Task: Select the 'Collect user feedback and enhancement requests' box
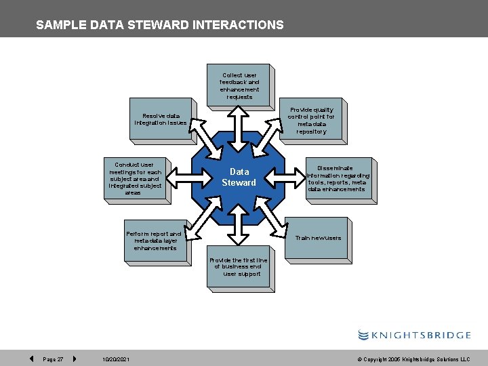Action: [x=239, y=86]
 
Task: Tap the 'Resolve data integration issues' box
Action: [x=161, y=119]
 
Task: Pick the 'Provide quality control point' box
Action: [x=312, y=121]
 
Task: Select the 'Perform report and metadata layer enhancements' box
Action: [x=155, y=241]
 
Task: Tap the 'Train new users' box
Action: [x=317, y=238]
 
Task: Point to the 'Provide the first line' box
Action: [x=239, y=267]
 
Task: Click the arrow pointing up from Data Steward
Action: [x=239, y=121]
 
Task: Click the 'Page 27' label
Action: [x=53, y=359]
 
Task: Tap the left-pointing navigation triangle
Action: [x=32, y=359]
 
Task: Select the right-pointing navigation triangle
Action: [x=74, y=359]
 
